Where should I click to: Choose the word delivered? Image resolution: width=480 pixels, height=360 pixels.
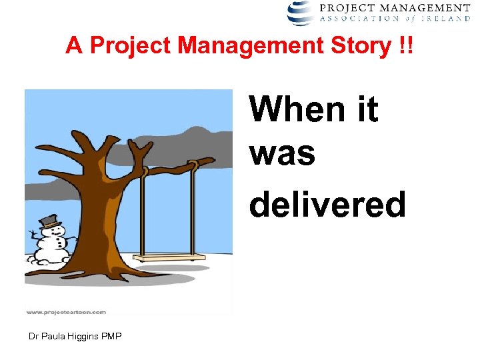pyautogui.click(x=327, y=204)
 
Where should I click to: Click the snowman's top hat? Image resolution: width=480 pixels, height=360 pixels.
pyautogui.click(x=49, y=221)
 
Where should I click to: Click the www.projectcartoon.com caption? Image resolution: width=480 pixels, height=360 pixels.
pyautogui.click(x=66, y=311)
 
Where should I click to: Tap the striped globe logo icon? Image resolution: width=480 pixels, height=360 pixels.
pyautogui.click(x=300, y=12)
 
